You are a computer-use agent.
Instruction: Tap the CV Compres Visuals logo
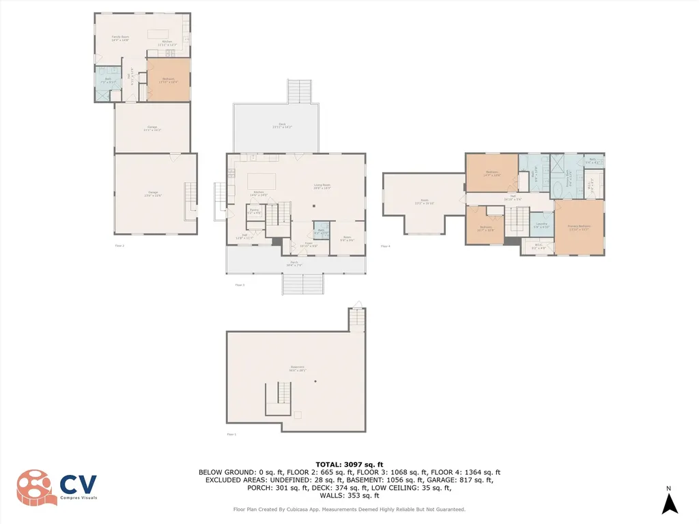pyautogui.click(x=57, y=487)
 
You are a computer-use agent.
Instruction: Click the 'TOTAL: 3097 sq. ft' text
pyautogui.click(x=349, y=464)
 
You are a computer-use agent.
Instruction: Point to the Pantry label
pyautogui.click(x=254, y=212)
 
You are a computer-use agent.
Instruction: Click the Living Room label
pyautogui.click(x=322, y=186)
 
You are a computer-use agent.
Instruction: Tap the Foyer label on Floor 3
pyautogui.click(x=309, y=244)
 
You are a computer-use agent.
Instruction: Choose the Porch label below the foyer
pyautogui.click(x=294, y=264)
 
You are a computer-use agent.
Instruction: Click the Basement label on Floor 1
pyautogui.click(x=297, y=368)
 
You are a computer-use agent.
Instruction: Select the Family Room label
pyautogui.click(x=121, y=39)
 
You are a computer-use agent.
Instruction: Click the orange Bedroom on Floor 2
pyautogui.click(x=168, y=81)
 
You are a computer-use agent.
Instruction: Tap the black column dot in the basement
pyautogui.click(x=315, y=381)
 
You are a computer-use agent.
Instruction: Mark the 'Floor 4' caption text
pyautogui.click(x=385, y=246)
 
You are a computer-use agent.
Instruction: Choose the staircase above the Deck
pyautogui.click(x=298, y=91)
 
